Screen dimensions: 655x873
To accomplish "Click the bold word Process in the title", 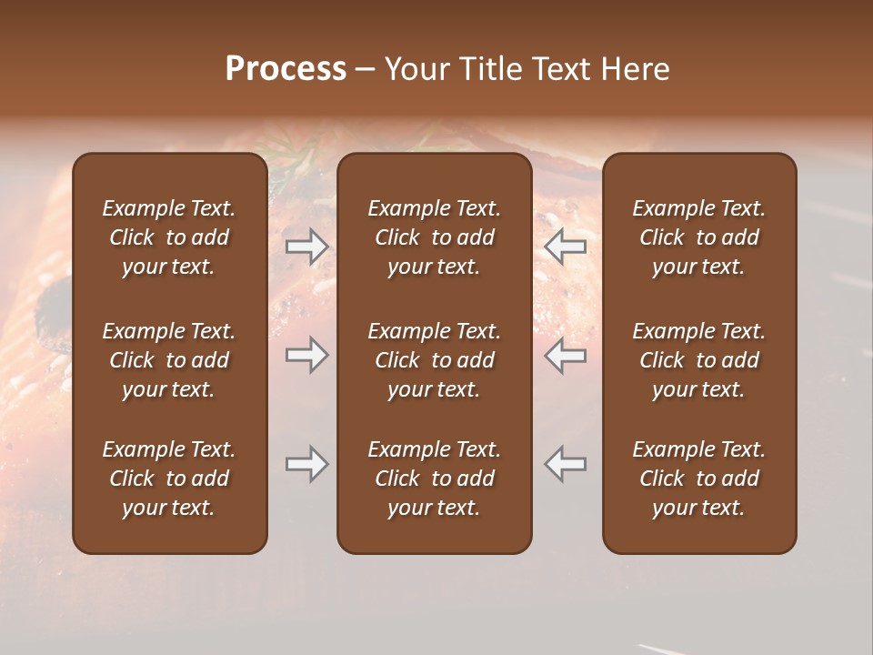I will coord(286,69).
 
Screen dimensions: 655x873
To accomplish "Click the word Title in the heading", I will coord(492,69).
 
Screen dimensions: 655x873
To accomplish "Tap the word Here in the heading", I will coord(637,69).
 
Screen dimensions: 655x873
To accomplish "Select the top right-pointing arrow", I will coord(306,246).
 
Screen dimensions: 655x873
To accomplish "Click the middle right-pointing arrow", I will coord(306,355).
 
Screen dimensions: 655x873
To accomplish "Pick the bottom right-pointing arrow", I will coord(306,465).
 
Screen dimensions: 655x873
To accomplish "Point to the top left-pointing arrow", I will coord(566,246).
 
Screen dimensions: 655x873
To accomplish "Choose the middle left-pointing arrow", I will coord(566,355).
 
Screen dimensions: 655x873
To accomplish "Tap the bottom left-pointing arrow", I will coord(566,465).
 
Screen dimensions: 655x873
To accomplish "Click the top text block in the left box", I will coord(169,237).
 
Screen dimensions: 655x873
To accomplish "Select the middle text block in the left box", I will coord(169,360).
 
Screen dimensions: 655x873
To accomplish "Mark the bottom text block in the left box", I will coord(169,479).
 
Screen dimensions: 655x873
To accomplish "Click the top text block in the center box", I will coord(434,237).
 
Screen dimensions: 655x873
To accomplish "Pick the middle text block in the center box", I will coord(434,360).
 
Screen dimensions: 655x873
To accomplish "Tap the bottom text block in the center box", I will coord(434,479).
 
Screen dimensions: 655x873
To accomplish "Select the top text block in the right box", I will coord(699,237).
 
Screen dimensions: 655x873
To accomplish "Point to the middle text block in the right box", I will coord(699,360).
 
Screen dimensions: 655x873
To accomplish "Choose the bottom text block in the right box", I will coord(699,479).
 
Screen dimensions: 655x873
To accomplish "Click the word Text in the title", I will coord(565,69).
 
